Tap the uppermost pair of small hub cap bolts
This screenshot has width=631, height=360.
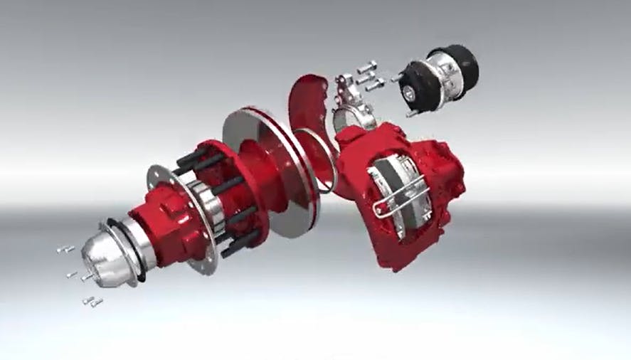pos(65,249)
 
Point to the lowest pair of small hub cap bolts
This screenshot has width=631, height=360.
pos(92,302)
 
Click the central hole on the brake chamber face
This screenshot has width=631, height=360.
pos(410,91)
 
